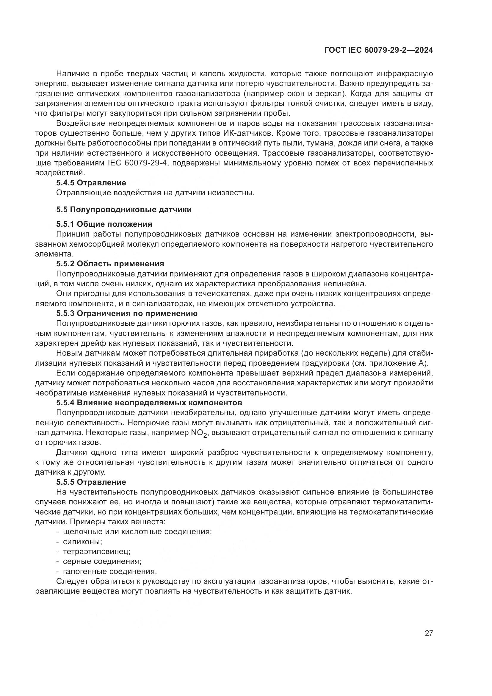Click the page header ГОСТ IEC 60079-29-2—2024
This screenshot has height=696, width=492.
click(378, 50)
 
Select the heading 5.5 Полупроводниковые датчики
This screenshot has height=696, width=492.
click(124, 209)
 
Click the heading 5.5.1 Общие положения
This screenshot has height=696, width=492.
click(104, 224)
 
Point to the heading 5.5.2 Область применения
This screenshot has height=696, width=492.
click(110, 263)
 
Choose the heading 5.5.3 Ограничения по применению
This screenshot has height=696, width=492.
click(127, 313)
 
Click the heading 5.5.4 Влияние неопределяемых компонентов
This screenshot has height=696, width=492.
click(149, 403)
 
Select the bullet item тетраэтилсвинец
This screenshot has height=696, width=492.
click(96, 551)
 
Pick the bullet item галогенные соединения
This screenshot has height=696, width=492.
click(110, 571)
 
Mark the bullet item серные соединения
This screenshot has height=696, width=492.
click(102, 562)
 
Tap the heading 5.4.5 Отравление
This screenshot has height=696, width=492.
click(91, 183)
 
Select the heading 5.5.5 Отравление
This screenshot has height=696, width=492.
click(91, 482)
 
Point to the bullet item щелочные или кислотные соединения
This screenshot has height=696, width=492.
click(137, 531)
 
